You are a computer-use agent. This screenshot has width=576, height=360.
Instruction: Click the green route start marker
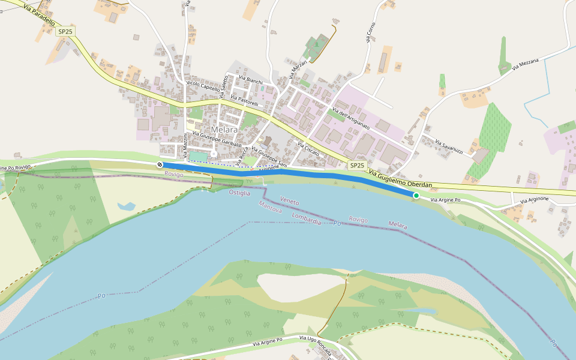(416, 195)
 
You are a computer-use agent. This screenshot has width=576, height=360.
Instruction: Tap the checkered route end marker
(160, 164)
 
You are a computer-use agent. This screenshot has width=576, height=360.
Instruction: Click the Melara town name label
(224, 130)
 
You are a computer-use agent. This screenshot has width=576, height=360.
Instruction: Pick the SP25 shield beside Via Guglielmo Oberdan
(357, 165)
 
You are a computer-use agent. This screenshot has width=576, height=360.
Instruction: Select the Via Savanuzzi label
(449, 148)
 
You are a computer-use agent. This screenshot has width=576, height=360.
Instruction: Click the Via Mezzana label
(526, 65)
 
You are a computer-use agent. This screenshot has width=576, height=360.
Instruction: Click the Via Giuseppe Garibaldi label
(217, 143)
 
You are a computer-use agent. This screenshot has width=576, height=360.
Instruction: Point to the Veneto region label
(289, 202)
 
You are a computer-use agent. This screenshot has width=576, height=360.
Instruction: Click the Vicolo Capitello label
(205, 83)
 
